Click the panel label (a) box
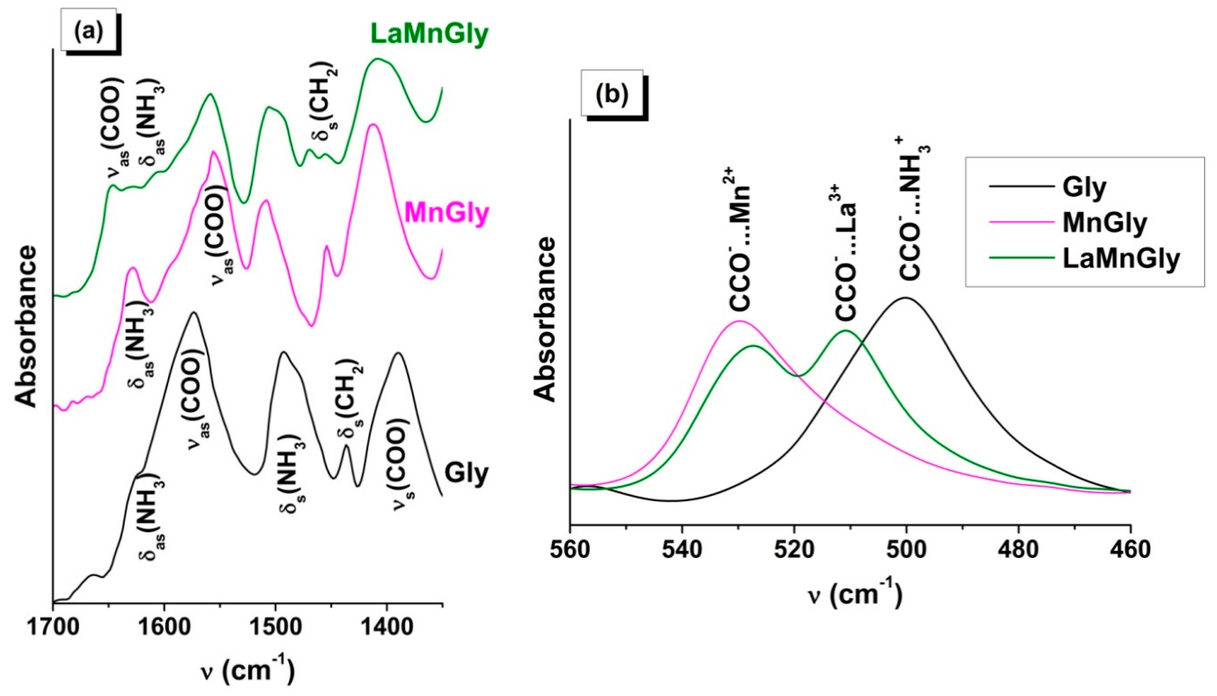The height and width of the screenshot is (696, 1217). [88, 30]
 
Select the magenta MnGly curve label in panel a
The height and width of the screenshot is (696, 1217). [447, 213]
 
